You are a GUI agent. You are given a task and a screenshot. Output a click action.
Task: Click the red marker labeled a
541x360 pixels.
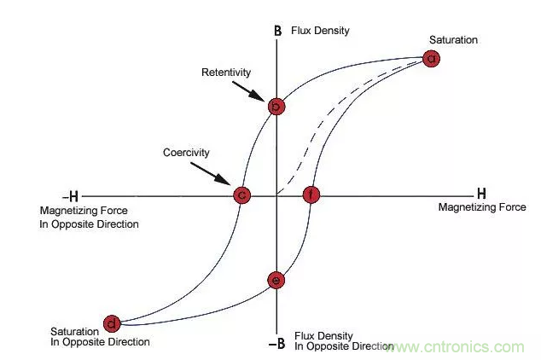tap(432, 58)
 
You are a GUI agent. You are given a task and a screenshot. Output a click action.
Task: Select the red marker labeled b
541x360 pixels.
tap(276, 107)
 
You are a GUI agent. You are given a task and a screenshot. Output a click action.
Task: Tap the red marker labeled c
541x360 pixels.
tap(242, 195)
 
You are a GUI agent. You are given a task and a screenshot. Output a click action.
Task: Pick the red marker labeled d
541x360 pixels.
tap(112, 322)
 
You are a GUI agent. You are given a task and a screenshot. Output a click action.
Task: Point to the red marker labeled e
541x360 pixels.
tap(276, 280)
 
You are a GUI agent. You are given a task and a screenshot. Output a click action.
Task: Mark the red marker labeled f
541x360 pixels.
tap(311, 195)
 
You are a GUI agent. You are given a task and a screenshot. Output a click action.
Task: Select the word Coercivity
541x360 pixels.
tap(186, 153)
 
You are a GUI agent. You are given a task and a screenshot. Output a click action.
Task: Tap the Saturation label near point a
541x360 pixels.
tap(453, 39)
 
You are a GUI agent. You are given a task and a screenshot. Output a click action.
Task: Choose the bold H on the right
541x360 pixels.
tap(480, 194)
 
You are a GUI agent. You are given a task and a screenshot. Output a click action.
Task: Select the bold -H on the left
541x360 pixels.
tap(67, 196)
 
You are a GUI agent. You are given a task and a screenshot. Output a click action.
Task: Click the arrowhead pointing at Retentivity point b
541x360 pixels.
tap(269, 98)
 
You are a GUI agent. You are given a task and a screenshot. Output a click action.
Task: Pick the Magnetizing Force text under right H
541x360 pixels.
tap(482, 207)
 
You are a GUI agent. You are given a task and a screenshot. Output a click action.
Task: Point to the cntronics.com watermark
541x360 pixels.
tap(462, 346)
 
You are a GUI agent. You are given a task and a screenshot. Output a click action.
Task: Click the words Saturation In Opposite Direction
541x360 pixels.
tap(100, 336)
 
